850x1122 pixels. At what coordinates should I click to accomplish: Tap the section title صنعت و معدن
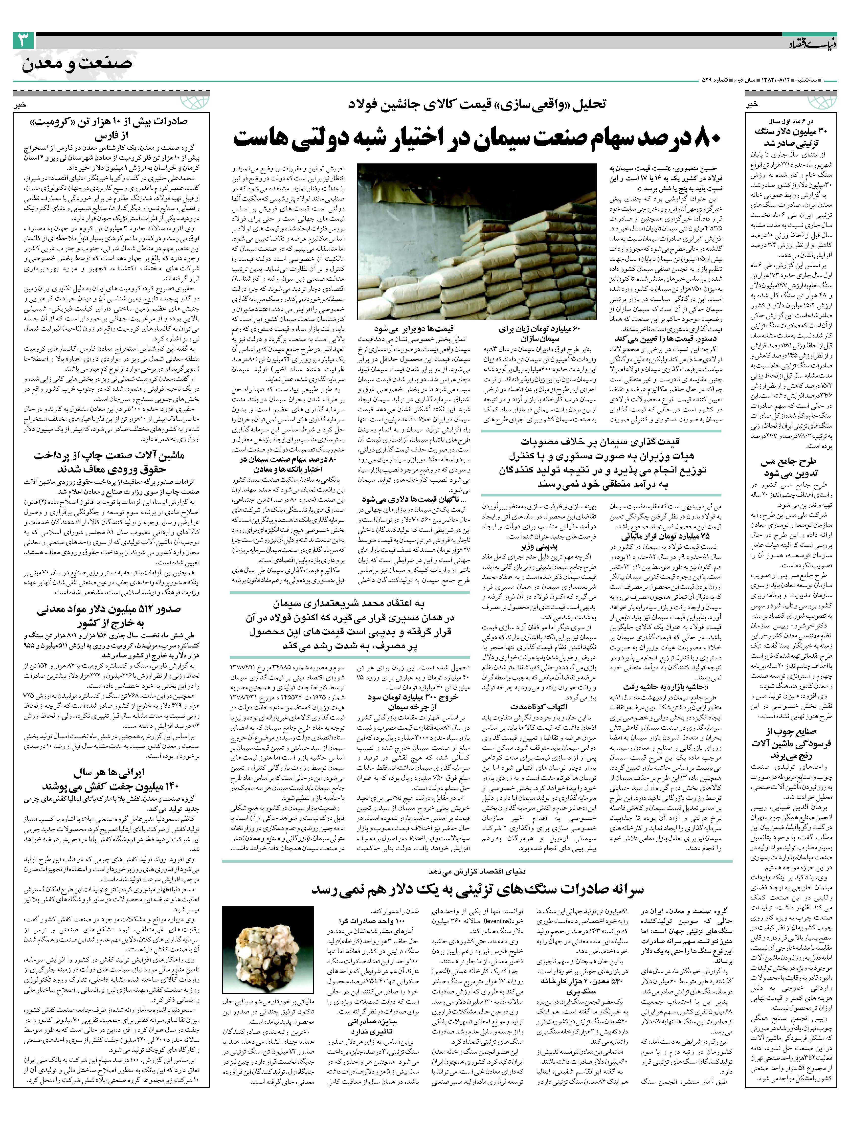point(76,64)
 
